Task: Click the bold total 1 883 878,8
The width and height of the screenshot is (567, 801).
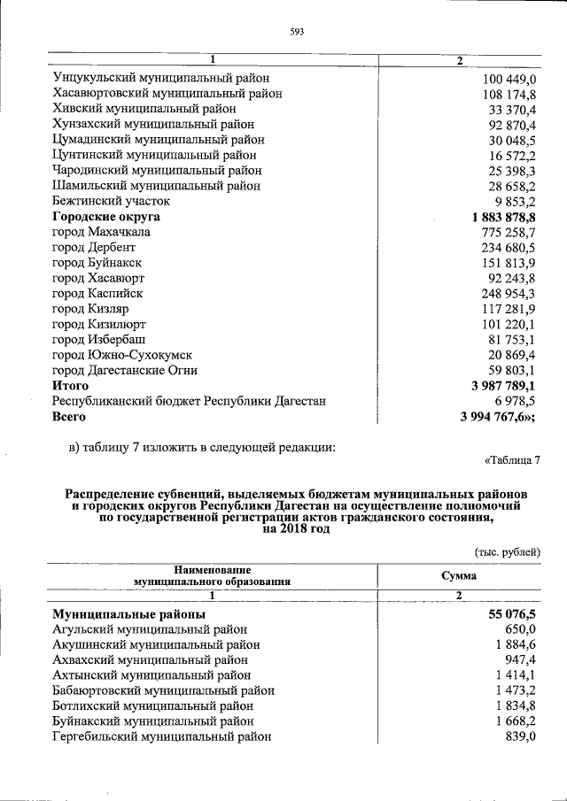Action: (x=499, y=217)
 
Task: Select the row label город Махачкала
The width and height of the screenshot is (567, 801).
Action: (x=101, y=232)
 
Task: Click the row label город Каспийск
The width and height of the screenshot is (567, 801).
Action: (x=97, y=293)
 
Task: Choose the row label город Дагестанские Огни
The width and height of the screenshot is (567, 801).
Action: (x=125, y=370)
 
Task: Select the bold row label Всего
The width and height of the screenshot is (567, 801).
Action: (x=69, y=416)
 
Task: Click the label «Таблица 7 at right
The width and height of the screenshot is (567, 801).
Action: (x=512, y=460)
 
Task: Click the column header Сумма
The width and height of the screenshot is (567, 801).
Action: (x=459, y=576)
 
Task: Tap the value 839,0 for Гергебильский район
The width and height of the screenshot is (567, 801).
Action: (x=520, y=736)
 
